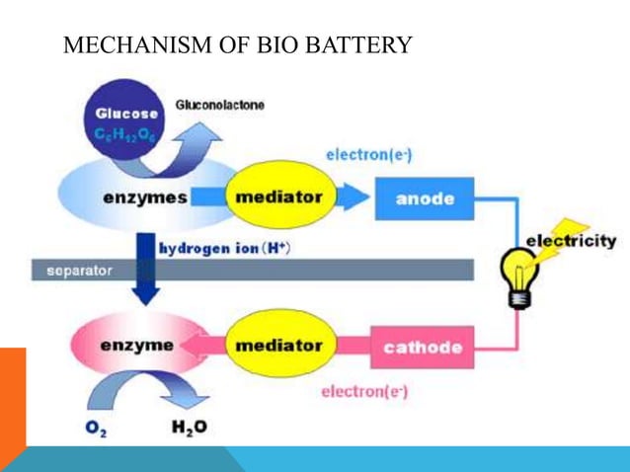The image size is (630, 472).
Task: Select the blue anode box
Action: tap(425, 198)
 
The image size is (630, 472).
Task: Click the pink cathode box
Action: tap(422, 347)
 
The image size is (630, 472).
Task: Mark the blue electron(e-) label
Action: tap(361, 155)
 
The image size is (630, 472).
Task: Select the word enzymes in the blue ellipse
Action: tap(145, 197)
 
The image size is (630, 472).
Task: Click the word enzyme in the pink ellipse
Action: tap(137, 346)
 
